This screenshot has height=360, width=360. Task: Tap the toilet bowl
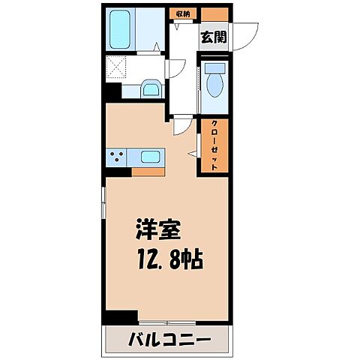(215, 82)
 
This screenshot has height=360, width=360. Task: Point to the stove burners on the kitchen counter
(117, 157)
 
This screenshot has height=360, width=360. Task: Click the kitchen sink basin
(149, 157)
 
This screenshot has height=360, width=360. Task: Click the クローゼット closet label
(214, 145)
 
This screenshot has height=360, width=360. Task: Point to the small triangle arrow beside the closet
(192, 154)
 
